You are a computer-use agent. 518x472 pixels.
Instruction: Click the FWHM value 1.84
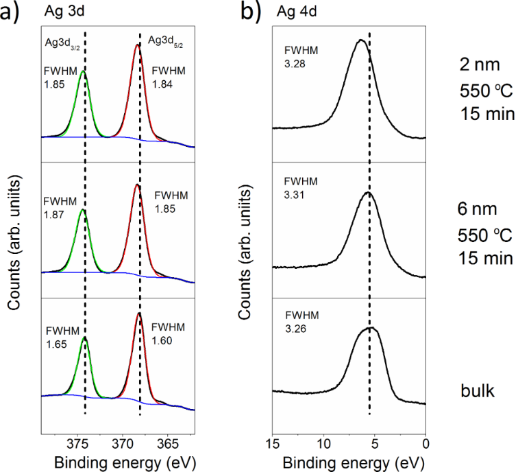pos(162,84)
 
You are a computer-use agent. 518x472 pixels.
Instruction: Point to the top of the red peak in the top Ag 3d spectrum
pos(138,45)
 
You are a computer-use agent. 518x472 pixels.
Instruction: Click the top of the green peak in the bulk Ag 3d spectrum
pos(84,337)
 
